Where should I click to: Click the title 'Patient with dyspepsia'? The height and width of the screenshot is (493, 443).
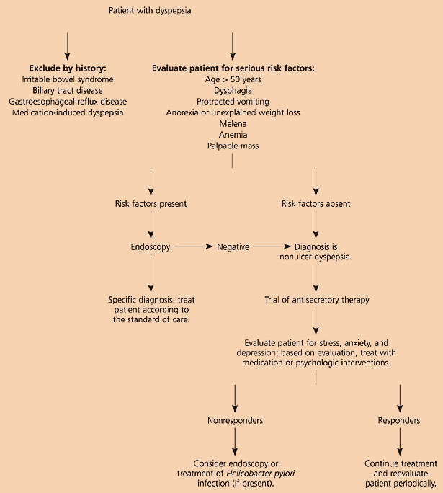150,11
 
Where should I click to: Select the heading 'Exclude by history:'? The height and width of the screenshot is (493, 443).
67,68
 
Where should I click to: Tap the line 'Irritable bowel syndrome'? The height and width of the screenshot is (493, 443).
67,79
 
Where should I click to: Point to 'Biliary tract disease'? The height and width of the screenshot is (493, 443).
67,90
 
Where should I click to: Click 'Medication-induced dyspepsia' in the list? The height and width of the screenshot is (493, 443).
67,112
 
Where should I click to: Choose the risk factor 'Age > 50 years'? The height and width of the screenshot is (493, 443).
233,79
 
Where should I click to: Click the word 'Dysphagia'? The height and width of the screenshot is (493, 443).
233,91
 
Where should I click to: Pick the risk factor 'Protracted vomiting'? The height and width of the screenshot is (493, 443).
233,102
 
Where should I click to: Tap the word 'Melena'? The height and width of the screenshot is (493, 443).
233,124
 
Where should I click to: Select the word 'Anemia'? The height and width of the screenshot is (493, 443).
233,135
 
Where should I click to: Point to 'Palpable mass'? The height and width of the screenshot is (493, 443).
233,146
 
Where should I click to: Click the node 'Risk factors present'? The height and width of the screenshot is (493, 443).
151,204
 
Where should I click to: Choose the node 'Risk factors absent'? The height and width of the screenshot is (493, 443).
316,204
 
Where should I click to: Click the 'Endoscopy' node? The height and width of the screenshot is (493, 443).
151,247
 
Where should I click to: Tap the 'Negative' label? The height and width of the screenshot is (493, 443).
233,247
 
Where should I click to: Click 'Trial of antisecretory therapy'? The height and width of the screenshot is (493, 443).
316,299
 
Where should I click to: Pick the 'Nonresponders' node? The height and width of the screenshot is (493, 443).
233,419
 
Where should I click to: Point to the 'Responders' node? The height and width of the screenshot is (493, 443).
399,419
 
